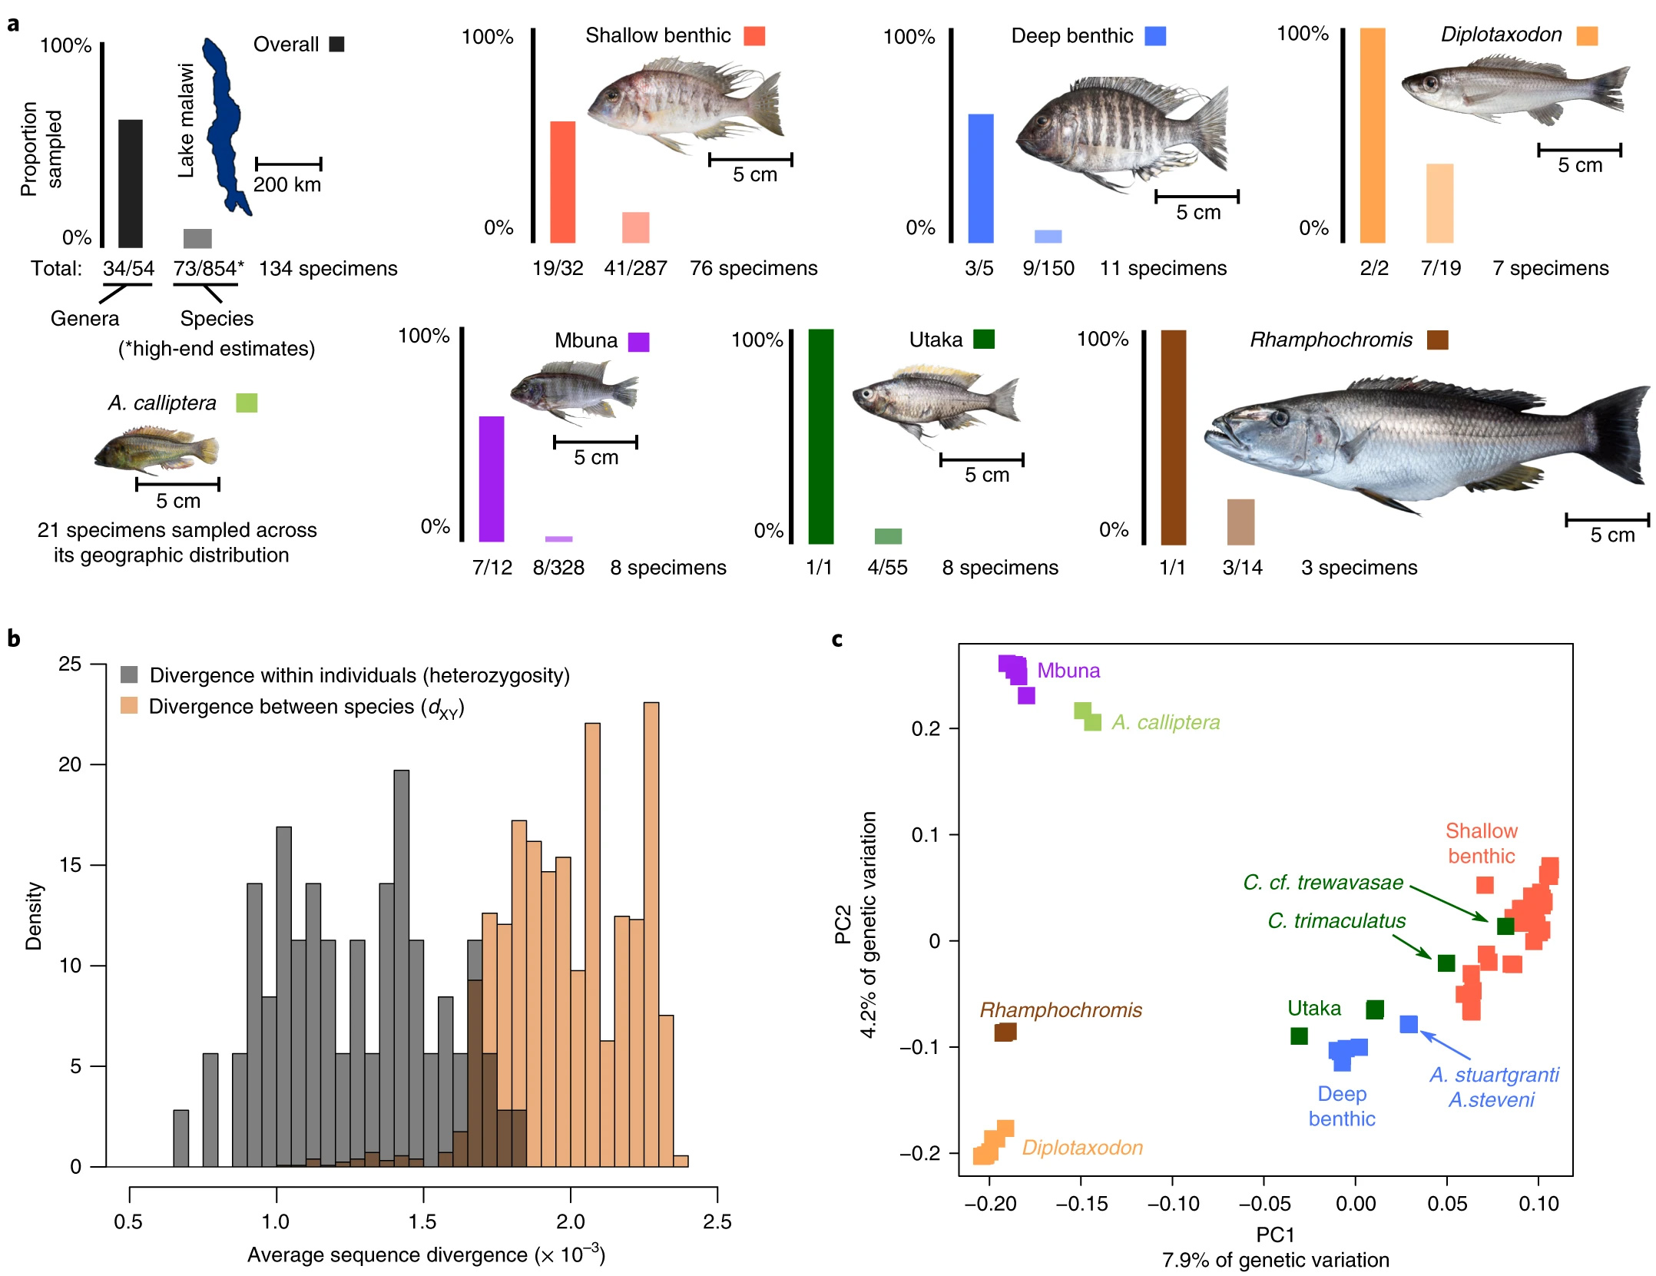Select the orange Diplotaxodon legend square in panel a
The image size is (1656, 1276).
point(1587,35)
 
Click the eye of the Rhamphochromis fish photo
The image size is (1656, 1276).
point(1280,419)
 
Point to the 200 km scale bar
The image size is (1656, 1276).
point(288,164)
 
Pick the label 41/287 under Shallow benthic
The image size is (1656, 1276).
point(635,268)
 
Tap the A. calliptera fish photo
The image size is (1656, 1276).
point(157,452)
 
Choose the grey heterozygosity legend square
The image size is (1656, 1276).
point(129,674)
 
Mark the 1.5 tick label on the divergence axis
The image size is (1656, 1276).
point(422,1221)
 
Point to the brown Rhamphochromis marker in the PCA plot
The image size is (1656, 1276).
point(1005,1032)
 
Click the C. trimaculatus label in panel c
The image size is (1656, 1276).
point(1336,920)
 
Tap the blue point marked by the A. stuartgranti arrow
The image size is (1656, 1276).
point(1409,1024)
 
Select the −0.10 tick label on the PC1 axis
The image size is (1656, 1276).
point(1173,1204)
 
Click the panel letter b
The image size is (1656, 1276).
point(14,638)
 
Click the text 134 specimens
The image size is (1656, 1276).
point(328,268)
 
